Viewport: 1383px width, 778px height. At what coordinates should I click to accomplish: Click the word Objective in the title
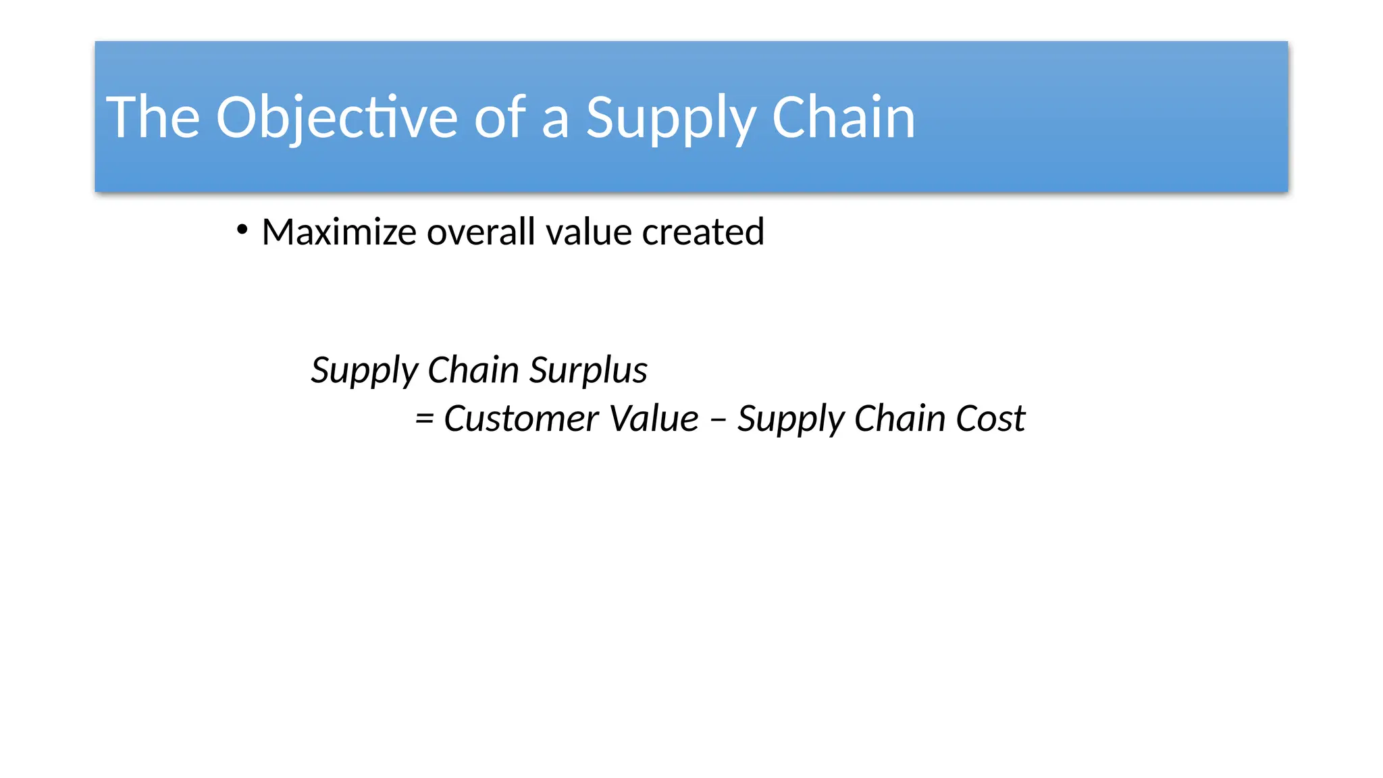coord(336,118)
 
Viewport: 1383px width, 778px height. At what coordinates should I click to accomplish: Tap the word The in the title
coord(153,118)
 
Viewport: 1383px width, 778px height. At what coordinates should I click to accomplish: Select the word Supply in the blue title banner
coord(670,119)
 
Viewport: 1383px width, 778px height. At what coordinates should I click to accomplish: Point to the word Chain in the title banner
coord(843,118)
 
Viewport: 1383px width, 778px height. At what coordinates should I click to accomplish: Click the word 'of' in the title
coord(500,118)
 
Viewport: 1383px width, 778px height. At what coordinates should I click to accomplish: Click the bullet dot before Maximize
coord(242,230)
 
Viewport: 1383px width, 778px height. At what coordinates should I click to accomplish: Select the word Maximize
coord(339,232)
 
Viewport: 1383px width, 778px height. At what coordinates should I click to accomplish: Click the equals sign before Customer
coord(424,419)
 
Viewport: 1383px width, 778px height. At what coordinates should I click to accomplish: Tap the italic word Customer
coord(520,419)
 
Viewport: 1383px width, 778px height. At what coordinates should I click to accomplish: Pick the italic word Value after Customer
coord(653,419)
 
